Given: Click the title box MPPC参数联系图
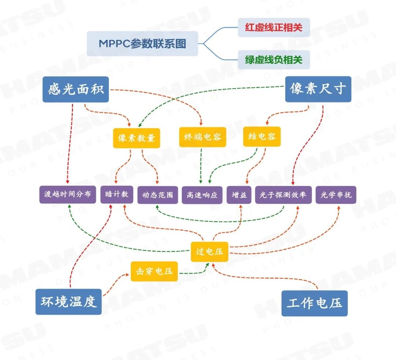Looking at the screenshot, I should [x=142, y=44].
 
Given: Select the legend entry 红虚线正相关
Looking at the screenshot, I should [x=274, y=27].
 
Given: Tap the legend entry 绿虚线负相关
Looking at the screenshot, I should [x=274, y=60].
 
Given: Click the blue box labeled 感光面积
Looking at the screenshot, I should [x=76, y=89].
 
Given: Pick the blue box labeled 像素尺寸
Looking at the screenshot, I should [x=318, y=89].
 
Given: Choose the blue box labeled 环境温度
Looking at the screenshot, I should [x=68, y=301].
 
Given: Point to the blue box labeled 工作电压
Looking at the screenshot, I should [x=314, y=303].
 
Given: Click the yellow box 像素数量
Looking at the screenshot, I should [x=136, y=138].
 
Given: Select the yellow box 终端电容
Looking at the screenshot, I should [x=202, y=137].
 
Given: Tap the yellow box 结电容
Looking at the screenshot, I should [x=262, y=137].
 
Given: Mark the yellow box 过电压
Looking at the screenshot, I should [x=209, y=252].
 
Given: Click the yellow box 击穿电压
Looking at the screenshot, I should [x=154, y=271].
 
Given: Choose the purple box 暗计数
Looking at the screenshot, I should [x=117, y=194].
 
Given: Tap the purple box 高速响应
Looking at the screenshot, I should [x=202, y=195].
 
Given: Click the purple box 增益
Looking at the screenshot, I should [x=239, y=195].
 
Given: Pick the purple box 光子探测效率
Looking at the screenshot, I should [x=283, y=195].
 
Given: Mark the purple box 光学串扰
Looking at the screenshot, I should [x=335, y=195].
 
